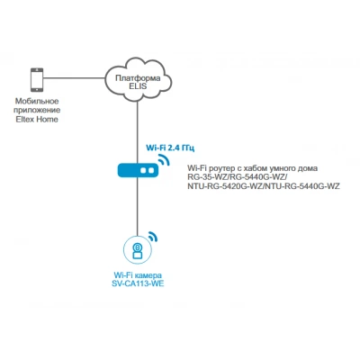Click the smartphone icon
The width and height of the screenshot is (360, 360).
[37, 80]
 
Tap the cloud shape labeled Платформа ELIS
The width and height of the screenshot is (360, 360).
[138, 80]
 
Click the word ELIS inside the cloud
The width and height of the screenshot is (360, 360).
[138, 86]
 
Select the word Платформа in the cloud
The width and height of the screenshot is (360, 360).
[138, 78]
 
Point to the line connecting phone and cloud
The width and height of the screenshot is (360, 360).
[74, 78]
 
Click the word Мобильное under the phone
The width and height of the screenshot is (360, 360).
[37, 101]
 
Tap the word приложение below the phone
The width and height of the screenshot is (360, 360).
[37, 110]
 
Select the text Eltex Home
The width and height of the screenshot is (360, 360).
[37, 119]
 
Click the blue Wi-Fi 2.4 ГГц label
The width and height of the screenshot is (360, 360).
[170, 148]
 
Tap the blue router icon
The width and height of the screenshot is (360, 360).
[138, 170]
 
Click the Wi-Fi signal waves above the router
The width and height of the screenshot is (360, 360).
[164, 159]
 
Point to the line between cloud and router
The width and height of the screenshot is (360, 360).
[138, 132]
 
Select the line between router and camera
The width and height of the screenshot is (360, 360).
[138, 206]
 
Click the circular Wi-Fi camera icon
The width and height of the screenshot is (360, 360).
[138, 249]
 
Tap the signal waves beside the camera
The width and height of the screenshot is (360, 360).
[153, 236]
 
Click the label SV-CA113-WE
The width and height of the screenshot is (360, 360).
[138, 283]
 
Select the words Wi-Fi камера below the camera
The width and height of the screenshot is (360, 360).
[138, 274]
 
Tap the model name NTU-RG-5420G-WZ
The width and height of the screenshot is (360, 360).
[225, 186]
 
